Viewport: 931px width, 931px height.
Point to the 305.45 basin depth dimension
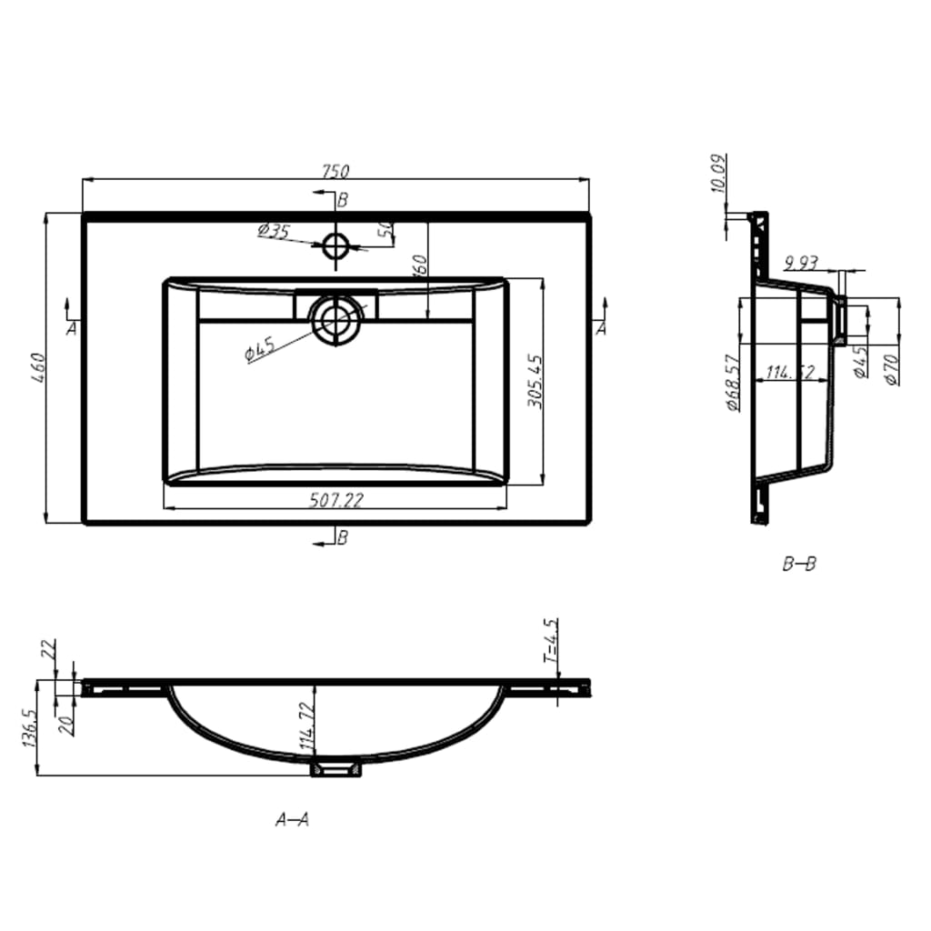pyautogui.click(x=536, y=382)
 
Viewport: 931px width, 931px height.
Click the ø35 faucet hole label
pyautogui.click(x=273, y=232)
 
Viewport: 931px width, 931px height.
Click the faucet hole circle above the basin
pyautogui.click(x=335, y=245)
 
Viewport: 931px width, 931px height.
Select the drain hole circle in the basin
pyautogui.click(x=335, y=320)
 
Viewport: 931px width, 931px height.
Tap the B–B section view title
pyautogui.click(x=799, y=565)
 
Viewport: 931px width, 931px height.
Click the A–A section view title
pyautogui.click(x=292, y=820)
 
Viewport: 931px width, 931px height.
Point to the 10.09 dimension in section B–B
pyautogui.click(x=718, y=175)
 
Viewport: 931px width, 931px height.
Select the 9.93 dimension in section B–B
pyautogui.click(x=799, y=264)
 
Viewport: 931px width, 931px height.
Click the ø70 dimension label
pyautogui.click(x=891, y=367)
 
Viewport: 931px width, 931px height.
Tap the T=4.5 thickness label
pyautogui.click(x=551, y=641)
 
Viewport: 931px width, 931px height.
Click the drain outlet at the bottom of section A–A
pyautogui.click(x=335, y=769)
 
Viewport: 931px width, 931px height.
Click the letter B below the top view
pyautogui.click(x=342, y=538)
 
